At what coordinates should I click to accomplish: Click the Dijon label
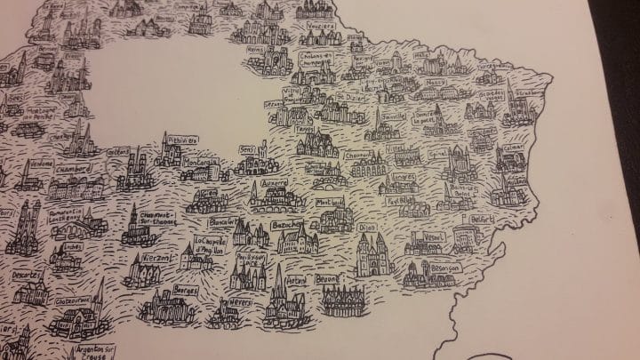click(x=366, y=227)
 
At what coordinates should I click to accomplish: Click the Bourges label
click(x=185, y=290)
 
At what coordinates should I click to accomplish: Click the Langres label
click(x=402, y=177)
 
